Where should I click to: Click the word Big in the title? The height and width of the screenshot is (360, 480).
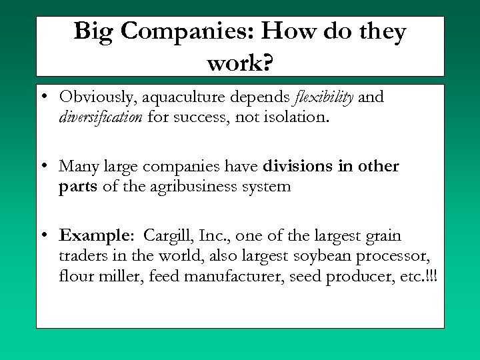click(94, 31)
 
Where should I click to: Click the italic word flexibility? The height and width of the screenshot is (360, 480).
click(325, 97)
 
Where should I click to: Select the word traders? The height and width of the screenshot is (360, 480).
click(81, 255)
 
